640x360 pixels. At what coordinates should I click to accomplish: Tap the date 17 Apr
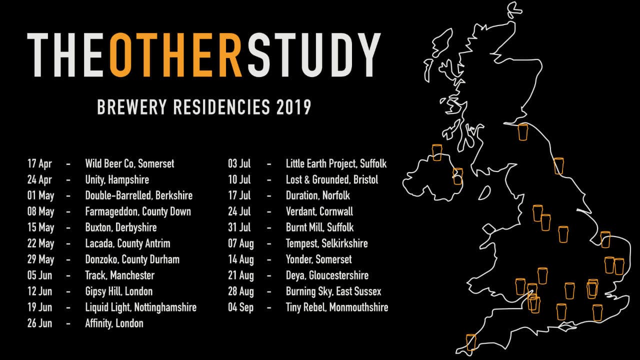pyautogui.click(x=40, y=163)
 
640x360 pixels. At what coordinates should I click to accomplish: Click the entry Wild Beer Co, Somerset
pyautogui.click(x=129, y=163)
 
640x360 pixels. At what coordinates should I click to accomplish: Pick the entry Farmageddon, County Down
pyautogui.click(x=138, y=211)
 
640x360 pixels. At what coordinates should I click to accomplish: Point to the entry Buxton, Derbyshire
pyautogui.click(x=121, y=227)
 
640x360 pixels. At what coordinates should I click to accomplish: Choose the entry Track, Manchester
pyautogui.click(x=119, y=275)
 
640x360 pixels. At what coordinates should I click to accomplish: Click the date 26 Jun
pyautogui.click(x=40, y=323)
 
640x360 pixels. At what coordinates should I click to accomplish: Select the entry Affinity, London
pyautogui.click(x=114, y=323)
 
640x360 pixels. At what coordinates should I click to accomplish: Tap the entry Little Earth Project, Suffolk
pyautogui.click(x=336, y=163)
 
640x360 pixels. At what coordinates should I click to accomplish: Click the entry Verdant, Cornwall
pyautogui.click(x=319, y=211)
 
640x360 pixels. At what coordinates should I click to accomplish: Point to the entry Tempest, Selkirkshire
pyautogui.click(x=326, y=243)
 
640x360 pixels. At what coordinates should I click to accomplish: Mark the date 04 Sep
pyautogui.click(x=240, y=307)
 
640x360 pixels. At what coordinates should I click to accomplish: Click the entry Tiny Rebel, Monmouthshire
pyautogui.click(x=336, y=307)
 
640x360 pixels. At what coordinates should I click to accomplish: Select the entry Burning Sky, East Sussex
pyautogui.click(x=333, y=291)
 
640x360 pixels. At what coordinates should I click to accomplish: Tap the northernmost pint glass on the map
pyautogui.click(x=523, y=132)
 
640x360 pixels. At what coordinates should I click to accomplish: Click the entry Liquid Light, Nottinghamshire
pyautogui.click(x=140, y=307)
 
